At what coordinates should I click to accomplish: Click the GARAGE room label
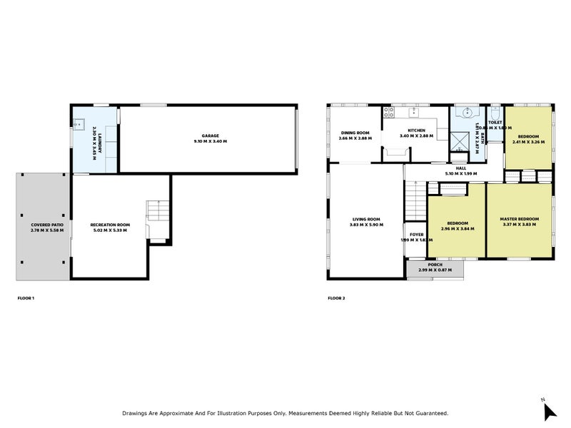point(211,136)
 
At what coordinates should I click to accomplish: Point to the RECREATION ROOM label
point(110,225)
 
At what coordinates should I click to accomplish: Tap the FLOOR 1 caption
point(25,297)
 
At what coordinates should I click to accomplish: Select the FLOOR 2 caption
point(336,297)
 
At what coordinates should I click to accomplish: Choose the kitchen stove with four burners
point(389,112)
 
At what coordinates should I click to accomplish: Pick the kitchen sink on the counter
point(413,113)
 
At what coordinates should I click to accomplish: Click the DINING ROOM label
point(355,133)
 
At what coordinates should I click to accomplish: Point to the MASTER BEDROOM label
point(519,218)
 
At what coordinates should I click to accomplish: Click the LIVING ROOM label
point(367,219)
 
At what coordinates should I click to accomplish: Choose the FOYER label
point(416,234)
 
